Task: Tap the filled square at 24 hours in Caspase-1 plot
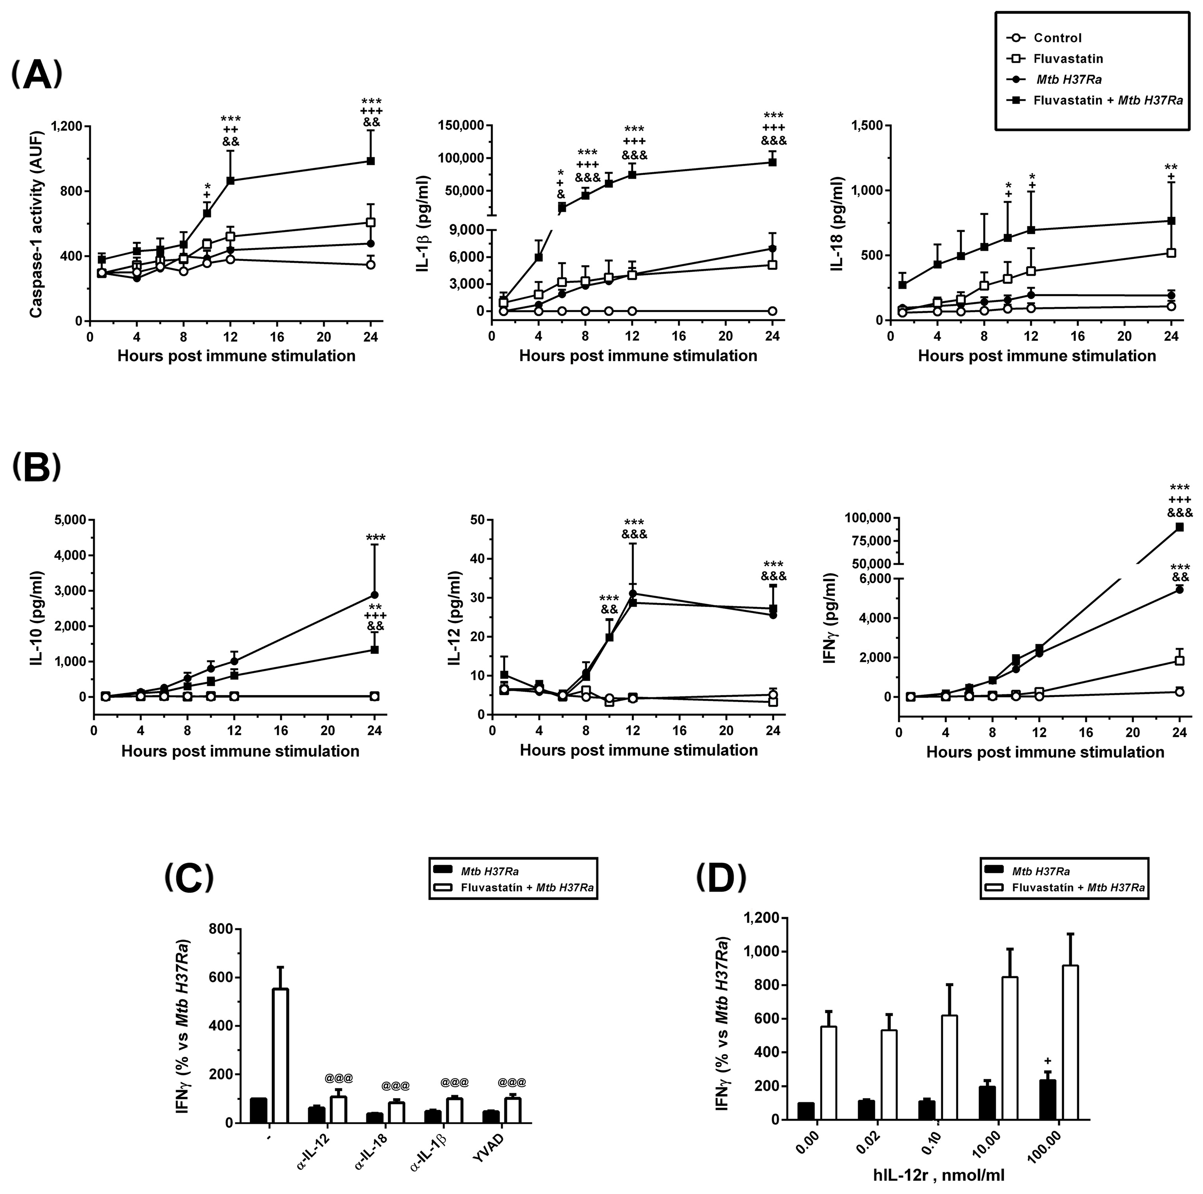pos(370,161)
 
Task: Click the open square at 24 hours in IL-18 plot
pos(1171,253)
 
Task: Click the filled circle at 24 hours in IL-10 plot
pos(375,595)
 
